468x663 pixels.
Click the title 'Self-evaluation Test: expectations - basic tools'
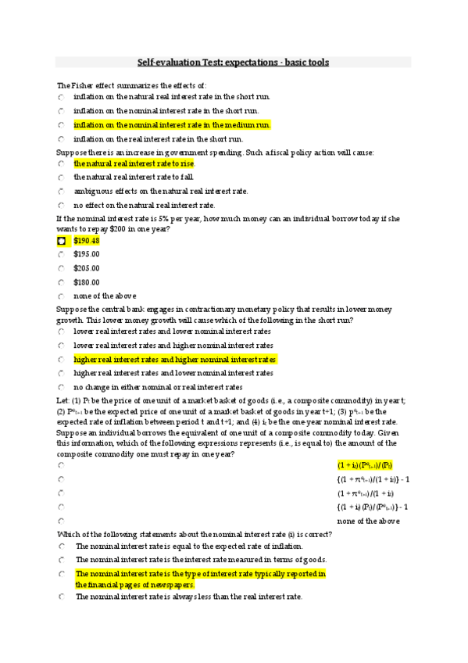pos(234,62)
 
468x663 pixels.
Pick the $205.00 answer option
pos(86,268)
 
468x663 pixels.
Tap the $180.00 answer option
pos(86,282)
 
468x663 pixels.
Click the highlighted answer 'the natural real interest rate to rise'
pos(134,164)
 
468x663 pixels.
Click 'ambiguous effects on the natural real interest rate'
pos(161,191)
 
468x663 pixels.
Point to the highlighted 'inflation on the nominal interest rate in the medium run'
pos(171,124)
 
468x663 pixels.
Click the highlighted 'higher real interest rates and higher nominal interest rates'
pos(175,360)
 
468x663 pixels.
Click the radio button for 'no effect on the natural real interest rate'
pos(61,205)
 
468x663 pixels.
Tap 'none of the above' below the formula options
pos(368,521)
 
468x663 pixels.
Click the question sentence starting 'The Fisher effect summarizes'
pos(131,84)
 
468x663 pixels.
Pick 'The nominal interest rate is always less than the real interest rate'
pos(188,597)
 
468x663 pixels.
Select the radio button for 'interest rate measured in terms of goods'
pos(61,560)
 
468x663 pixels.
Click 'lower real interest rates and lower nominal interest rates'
pos(173,331)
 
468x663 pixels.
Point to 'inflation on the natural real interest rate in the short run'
pos(171,97)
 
